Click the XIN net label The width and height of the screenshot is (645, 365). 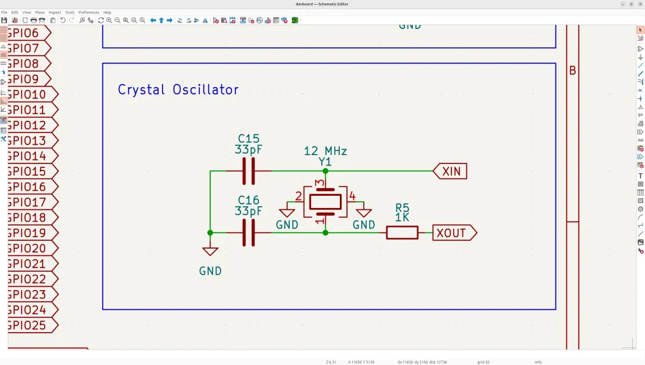tap(451, 171)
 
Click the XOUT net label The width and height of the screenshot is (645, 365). tap(454, 233)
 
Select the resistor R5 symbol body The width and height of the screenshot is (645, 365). tap(402, 233)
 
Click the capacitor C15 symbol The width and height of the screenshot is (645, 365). tap(248, 171)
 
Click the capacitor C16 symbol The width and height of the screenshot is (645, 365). tap(248, 233)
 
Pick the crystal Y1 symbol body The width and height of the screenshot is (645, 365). tap(325, 202)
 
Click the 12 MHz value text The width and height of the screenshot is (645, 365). tap(325, 151)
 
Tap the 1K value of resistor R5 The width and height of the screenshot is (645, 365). tap(402, 218)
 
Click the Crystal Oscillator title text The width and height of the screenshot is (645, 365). tap(178, 90)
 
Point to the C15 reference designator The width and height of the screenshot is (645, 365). tap(248, 138)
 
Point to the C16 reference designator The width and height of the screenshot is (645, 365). tap(248, 200)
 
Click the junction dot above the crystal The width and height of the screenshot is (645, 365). tap(325, 171)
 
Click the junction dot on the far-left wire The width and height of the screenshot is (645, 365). tap(210, 233)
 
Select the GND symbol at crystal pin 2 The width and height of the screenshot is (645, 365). tap(287, 213)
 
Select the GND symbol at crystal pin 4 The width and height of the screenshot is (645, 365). tap(364, 213)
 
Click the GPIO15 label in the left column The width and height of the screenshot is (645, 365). tap(28, 171)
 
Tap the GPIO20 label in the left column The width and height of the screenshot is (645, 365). tap(28, 248)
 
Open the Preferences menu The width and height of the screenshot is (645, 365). tap(89, 12)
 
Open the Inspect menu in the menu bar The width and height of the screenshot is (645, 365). tap(55, 12)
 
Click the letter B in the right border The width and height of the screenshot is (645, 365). tap(572, 71)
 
